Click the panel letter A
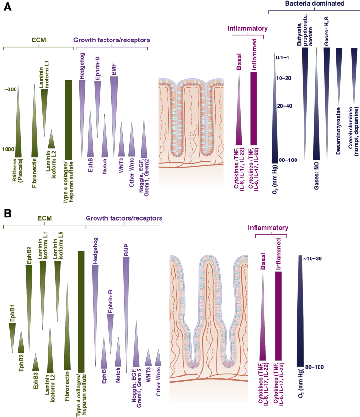(8, 9)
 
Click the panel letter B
(8, 214)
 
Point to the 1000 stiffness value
(8, 149)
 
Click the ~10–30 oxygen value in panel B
(312, 258)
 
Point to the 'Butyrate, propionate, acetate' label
(304, 26)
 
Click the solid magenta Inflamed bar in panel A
(255, 108)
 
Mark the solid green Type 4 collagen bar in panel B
(80, 311)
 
